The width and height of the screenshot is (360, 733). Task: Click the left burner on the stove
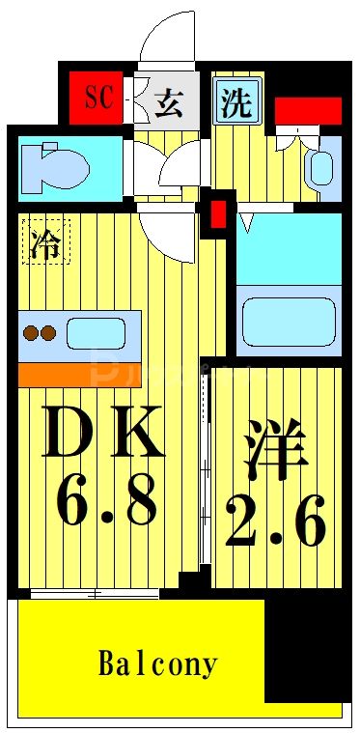pos(31,334)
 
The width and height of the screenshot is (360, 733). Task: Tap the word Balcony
pos(158,664)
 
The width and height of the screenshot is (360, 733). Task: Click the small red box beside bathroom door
pos(218,212)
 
